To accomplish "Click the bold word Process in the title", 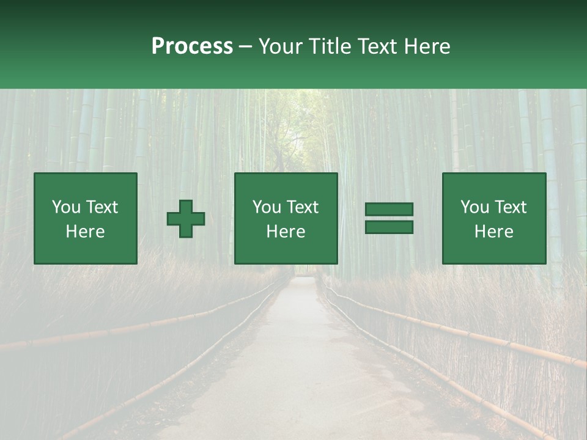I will [192, 46].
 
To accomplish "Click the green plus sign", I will [186, 219].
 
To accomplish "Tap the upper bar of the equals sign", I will [389, 210].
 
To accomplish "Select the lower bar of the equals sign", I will [389, 227].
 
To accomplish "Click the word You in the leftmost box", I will [66, 207].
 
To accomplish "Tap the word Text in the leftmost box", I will [102, 207].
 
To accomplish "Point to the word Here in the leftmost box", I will [86, 232].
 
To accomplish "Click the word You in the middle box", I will [267, 207].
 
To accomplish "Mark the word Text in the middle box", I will [302, 207].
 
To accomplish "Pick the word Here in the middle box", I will [286, 232].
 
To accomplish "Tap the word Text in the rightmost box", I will [510, 207].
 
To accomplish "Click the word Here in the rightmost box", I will [494, 232].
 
